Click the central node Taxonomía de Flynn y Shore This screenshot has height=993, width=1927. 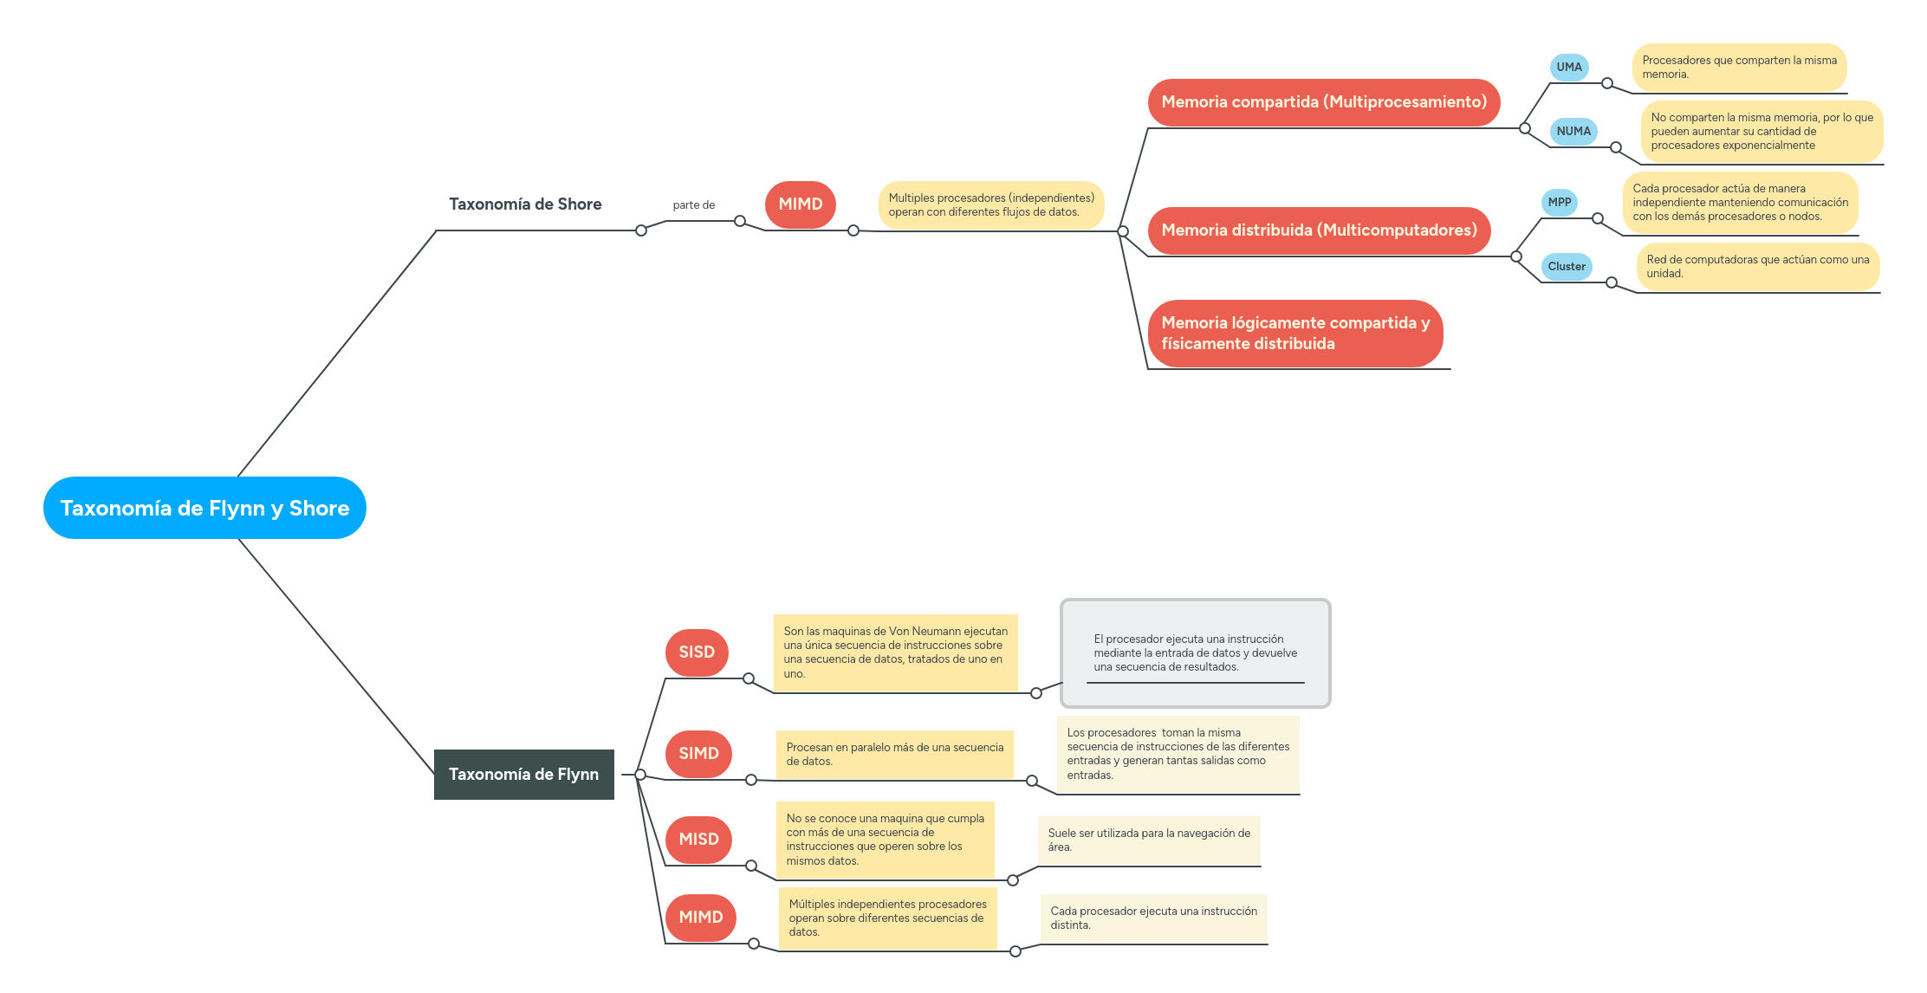click(204, 508)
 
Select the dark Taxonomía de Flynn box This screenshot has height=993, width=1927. click(523, 774)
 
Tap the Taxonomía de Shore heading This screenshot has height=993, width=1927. click(525, 204)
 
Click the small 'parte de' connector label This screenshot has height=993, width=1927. click(693, 205)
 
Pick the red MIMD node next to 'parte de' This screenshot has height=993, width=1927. click(800, 204)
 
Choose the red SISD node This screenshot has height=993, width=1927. click(697, 652)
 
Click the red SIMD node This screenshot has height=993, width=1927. click(698, 753)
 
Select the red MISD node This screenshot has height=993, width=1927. click(698, 839)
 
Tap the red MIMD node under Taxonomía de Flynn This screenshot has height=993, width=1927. click(700, 917)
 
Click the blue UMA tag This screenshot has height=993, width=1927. click(1568, 67)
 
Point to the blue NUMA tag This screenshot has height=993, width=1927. click(1573, 132)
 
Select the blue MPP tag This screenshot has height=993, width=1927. click(1559, 202)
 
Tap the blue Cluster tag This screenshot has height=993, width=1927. click(1566, 267)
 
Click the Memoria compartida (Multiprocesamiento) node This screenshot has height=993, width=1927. click(1323, 102)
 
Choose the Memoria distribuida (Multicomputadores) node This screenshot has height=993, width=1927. click(1318, 230)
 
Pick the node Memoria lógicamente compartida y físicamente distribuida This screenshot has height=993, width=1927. click(1294, 334)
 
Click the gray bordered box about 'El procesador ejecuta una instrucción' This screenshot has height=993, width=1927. click(1195, 652)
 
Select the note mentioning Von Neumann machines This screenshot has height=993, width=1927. click(895, 652)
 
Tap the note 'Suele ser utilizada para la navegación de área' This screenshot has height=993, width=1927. click(1148, 840)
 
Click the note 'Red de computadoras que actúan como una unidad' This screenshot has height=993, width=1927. click(1756, 267)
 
